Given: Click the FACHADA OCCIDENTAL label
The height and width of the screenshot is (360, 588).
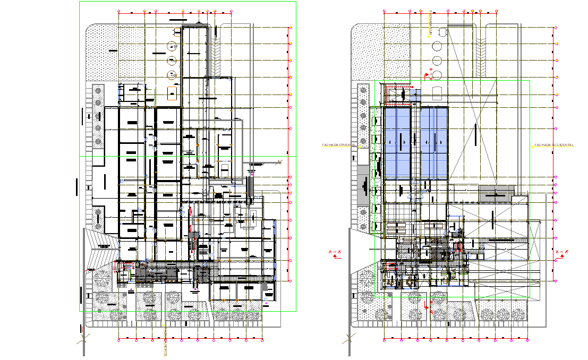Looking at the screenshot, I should [553, 145].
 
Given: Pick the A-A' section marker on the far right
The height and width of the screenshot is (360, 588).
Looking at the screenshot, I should [560, 254].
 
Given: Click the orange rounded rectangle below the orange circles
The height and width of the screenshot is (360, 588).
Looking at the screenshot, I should [172, 94].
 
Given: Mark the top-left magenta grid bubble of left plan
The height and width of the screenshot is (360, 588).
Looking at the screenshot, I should [119, 11].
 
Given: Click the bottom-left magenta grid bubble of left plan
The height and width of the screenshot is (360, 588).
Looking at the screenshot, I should [119, 338].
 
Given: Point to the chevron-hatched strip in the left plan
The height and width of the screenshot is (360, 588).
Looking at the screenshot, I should [217, 55].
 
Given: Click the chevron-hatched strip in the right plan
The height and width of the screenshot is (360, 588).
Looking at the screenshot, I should [482, 55].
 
